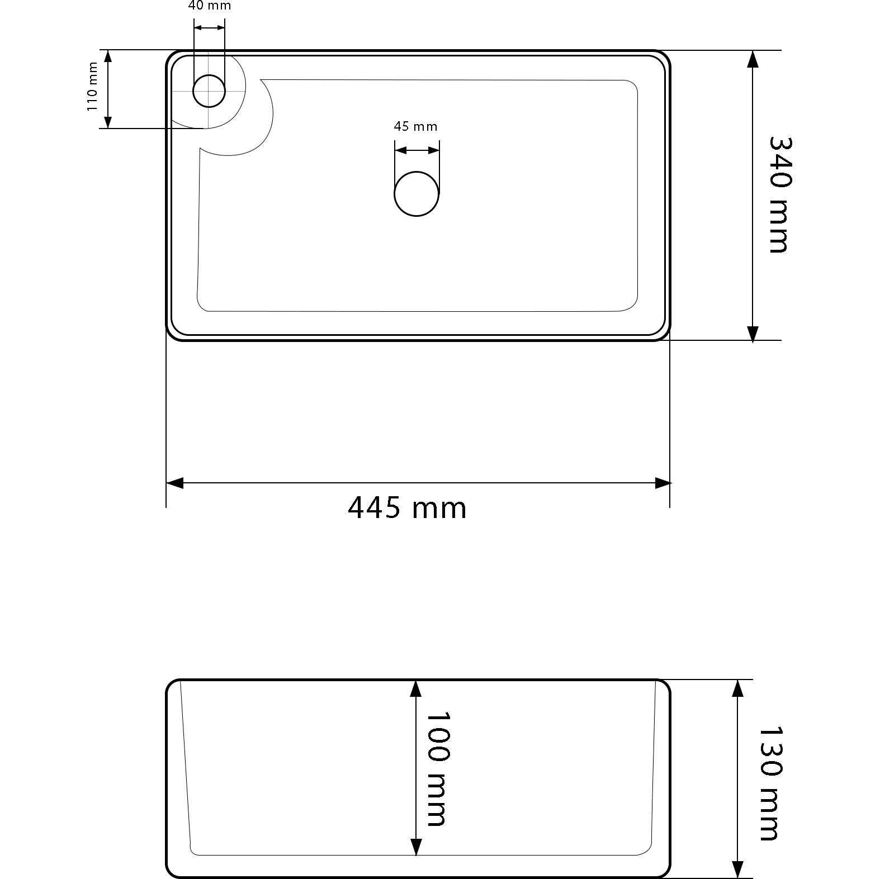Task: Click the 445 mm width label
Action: [x=406, y=508]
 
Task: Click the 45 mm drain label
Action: [x=415, y=126]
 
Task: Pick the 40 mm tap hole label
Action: [x=210, y=6]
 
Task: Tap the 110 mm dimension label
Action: [x=93, y=87]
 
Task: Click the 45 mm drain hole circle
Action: [x=417, y=193]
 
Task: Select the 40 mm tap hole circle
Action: [x=209, y=91]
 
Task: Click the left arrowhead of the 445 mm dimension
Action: [x=174, y=483]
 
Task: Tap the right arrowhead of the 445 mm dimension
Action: [x=663, y=483]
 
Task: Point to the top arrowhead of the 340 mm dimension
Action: [x=753, y=59]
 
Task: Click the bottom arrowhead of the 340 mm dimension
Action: [x=753, y=332]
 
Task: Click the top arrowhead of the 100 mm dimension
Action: [x=415, y=688]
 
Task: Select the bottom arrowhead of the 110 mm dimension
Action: [x=108, y=122]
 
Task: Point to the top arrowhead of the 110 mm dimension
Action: [x=108, y=56]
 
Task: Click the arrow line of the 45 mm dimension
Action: [x=417, y=150]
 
